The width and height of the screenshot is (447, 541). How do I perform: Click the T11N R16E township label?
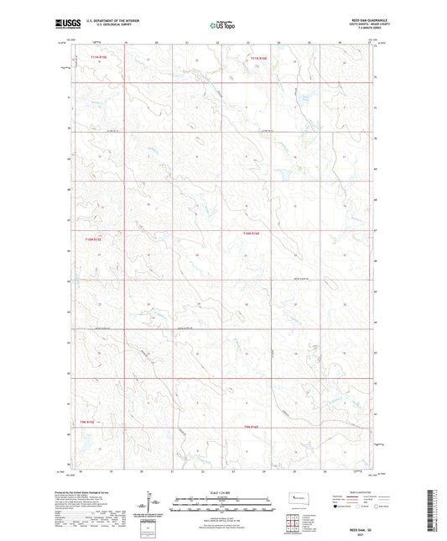(258, 58)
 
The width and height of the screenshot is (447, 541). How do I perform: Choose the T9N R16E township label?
(252, 428)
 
